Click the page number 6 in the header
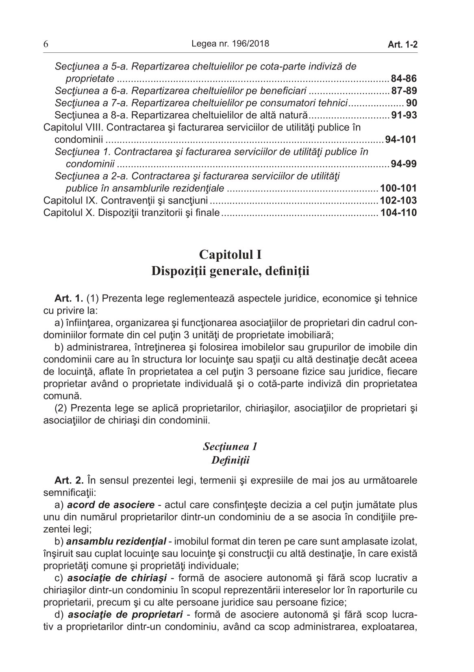click(x=46, y=44)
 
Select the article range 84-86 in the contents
click(x=403, y=78)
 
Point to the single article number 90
click(x=411, y=103)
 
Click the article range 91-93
click(x=403, y=115)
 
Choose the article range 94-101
click(x=400, y=140)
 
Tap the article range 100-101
click(x=398, y=189)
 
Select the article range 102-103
click(x=398, y=200)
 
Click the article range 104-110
click(x=398, y=212)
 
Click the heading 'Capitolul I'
click(x=230, y=255)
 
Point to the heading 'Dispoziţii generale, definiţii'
click(x=230, y=271)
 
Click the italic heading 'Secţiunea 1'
click(x=230, y=447)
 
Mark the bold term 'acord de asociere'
click(x=110, y=505)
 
